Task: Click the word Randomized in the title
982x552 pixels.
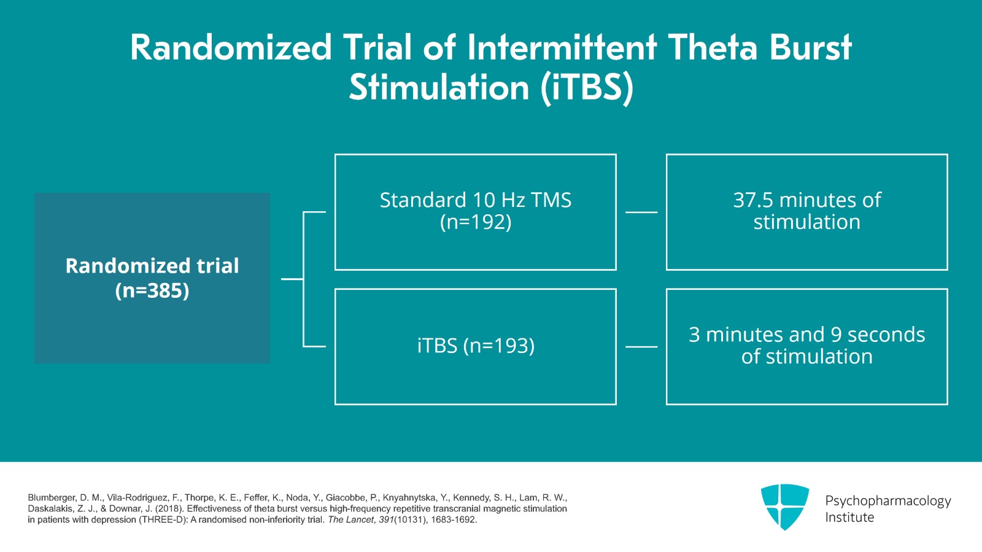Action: coord(231,48)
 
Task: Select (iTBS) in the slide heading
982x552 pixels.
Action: coord(587,88)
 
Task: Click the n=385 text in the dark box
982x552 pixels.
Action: coord(152,290)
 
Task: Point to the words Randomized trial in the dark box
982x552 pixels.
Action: coord(152,266)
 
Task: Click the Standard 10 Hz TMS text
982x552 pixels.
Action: coord(475,200)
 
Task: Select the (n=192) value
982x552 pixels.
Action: coord(475,222)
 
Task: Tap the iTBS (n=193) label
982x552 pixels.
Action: coord(475,346)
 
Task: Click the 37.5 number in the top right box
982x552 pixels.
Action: coord(752,200)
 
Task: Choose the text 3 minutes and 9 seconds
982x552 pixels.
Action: coord(806,335)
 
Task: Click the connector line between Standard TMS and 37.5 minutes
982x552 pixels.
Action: coord(641,212)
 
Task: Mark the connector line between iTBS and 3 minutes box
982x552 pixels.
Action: coord(641,347)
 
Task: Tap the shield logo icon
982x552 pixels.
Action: coord(784,506)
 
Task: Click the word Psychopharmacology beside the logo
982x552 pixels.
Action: coord(887,501)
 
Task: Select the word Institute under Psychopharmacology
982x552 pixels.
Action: coord(849,518)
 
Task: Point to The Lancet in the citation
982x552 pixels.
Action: coord(350,520)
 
